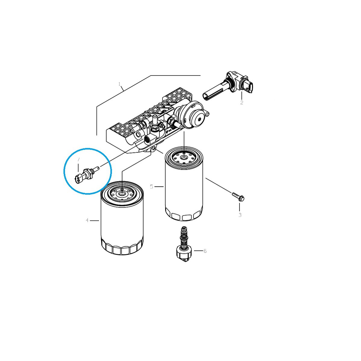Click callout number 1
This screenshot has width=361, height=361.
tap(119, 84)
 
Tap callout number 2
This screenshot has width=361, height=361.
tap(242, 103)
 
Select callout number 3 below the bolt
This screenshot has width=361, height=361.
tap(240, 215)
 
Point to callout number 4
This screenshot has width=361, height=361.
tap(87, 221)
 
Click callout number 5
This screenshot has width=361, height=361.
tap(152, 187)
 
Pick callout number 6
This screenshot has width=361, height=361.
tap(205, 251)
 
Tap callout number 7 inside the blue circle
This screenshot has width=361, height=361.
tap(79, 160)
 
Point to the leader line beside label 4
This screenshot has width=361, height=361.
tap(95, 221)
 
